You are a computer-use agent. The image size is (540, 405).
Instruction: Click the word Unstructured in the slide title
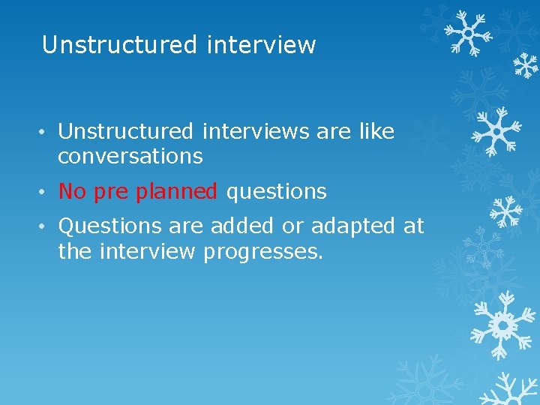[118, 45]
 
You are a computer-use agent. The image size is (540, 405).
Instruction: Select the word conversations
[130, 156]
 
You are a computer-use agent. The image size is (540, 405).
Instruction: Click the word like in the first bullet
[376, 132]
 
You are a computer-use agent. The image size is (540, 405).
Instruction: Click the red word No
[72, 192]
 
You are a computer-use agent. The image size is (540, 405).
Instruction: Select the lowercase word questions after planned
[277, 193]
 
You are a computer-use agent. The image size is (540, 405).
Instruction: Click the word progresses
[263, 252]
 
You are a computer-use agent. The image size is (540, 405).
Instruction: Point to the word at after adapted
[414, 226]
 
